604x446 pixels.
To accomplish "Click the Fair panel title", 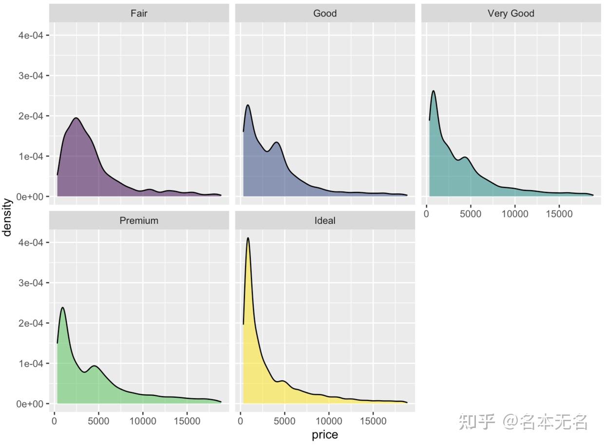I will coord(139,13).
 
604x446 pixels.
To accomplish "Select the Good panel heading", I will coord(325,13).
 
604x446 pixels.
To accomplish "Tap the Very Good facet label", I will coord(510,13).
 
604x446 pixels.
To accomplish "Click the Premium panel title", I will coord(139,221).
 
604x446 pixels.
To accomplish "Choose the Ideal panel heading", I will coord(325,221).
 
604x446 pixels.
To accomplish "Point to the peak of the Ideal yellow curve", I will coord(248,238).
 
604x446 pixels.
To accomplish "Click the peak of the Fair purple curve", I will coord(76,118).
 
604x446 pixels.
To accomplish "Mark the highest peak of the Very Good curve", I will coord(433,91).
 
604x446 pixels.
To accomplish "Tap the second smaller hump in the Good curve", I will coord(277,142).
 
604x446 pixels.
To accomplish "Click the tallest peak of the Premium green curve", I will coord(62,308).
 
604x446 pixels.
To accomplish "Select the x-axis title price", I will coord(325,435).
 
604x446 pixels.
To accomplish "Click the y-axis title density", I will coord(7,217).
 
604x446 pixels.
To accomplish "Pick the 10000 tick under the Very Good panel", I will coord(515,213).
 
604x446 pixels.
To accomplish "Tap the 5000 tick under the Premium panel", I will coord(98,420).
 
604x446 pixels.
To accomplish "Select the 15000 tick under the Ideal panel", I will coord(373,420).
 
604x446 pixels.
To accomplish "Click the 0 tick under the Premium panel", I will coord(54,420).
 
